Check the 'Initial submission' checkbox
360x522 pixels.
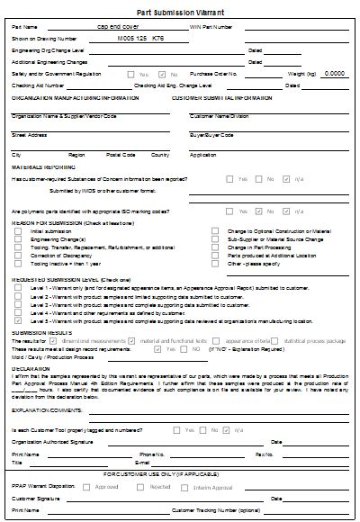[x=20, y=231]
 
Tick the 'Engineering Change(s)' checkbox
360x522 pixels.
[x=20, y=238]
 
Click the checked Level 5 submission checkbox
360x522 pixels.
[x=20, y=320]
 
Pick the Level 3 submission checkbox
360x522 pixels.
[x=20, y=305]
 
